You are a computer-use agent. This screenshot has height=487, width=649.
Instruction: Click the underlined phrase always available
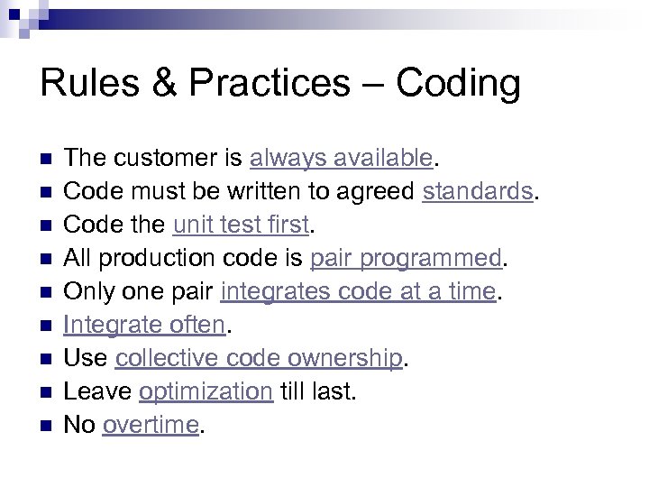343,159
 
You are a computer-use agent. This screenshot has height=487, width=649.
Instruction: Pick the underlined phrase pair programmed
406,259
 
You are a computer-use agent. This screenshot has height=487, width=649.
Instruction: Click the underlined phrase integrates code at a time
358,292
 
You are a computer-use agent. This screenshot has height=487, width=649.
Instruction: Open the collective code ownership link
258,359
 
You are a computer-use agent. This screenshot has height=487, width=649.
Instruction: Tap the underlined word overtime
150,426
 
